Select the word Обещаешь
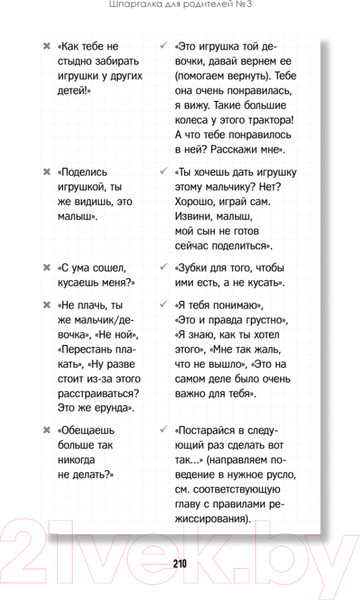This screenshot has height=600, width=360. coord(96,430)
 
